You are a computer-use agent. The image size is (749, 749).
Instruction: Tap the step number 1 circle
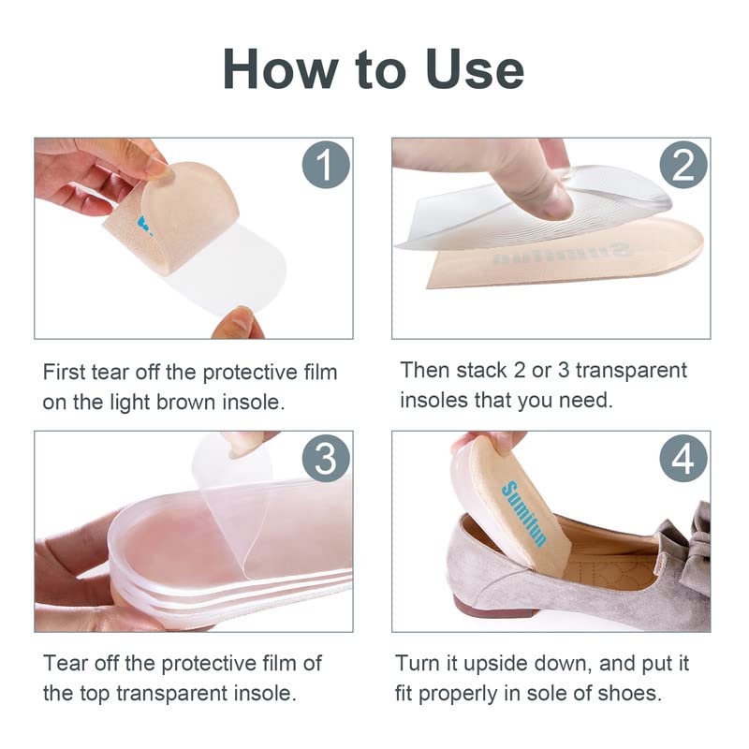[325, 167]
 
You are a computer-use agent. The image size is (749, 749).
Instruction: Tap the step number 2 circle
[683, 166]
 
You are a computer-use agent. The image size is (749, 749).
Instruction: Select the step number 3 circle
[325, 459]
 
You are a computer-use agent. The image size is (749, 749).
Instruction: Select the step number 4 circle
[683, 459]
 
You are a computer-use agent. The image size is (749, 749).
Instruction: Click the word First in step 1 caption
[66, 372]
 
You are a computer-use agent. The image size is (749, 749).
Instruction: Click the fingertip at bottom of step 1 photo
[237, 323]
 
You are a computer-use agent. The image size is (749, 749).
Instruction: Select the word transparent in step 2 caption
[629, 370]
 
